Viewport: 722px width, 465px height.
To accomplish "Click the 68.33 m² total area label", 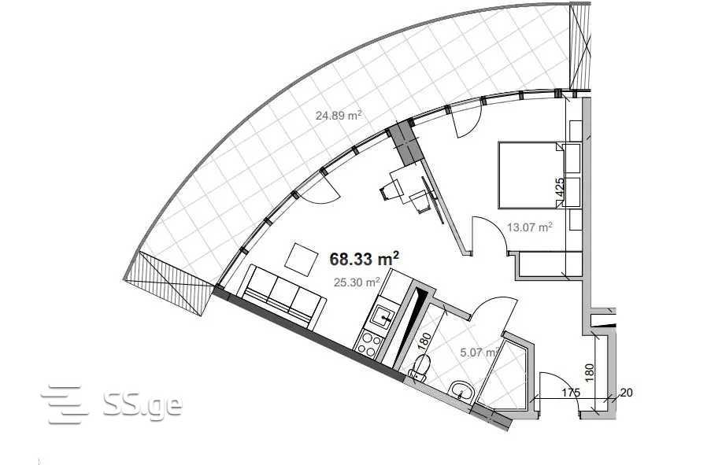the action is [x=364, y=259].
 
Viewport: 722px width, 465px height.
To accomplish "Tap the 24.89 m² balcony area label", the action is [x=338, y=115].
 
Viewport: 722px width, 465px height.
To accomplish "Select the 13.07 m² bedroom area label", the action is [x=530, y=227].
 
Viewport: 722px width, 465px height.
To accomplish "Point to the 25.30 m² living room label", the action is [x=357, y=282].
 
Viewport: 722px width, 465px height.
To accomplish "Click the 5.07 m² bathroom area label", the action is [x=479, y=352].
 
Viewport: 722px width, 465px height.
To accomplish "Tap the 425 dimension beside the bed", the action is [x=560, y=188].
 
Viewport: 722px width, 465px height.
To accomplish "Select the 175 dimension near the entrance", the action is [x=571, y=393].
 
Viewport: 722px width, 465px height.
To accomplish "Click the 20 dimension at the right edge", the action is [x=626, y=393].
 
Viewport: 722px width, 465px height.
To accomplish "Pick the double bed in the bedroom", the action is [x=531, y=175].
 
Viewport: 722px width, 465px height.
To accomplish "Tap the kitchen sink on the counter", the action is [x=383, y=316].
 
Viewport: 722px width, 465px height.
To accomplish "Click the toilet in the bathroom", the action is [x=420, y=368].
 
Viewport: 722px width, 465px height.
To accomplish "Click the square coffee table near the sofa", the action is [x=302, y=260].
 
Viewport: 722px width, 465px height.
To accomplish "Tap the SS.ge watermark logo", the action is [x=112, y=404].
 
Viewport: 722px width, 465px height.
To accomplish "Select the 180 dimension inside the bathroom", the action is [x=424, y=341].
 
